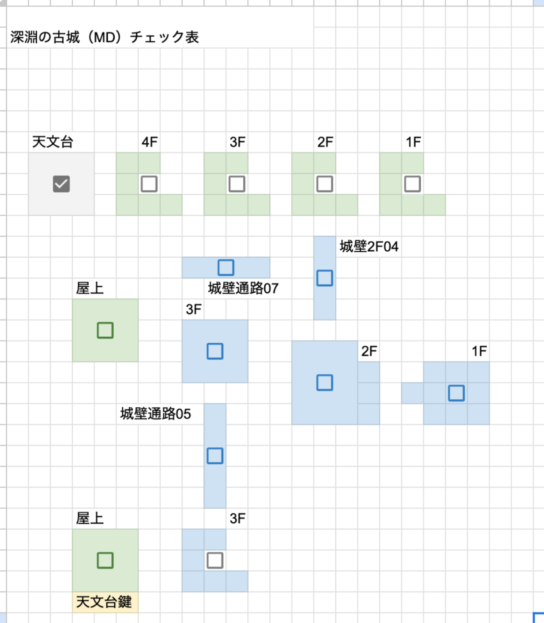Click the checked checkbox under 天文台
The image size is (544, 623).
click(61, 184)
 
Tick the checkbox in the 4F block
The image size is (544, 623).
click(149, 184)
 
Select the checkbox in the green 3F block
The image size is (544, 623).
click(237, 184)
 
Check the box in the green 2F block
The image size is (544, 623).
click(325, 184)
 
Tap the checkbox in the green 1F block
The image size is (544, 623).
click(413, 184)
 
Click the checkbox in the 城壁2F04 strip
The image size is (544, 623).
click(325, 278)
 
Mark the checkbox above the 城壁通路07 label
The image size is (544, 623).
click(226, 268)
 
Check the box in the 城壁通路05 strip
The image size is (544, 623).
click(215, 456)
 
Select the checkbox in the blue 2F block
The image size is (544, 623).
click(325, 383)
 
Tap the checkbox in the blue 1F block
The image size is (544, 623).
click(456, 393)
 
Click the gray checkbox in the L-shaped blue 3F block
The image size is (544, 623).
click(215, 560)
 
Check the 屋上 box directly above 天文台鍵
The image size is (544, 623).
click(105, 560)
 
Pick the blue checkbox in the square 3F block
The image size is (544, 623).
click(215, 351)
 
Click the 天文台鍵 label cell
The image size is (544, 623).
click(104, 602)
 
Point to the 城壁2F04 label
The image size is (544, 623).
click(369, 247)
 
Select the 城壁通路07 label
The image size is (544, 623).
click(243, 288)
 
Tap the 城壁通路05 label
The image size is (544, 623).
click(156, 414)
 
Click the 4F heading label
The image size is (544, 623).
click(149, 142)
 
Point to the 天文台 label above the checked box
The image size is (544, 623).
click(53, 142)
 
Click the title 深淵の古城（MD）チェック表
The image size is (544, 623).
click(105, 37)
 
